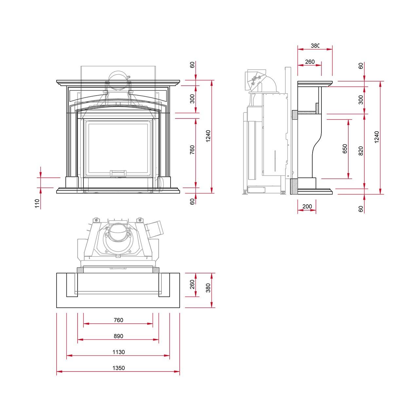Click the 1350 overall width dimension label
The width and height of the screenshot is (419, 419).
118,368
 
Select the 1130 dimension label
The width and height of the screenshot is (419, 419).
118,352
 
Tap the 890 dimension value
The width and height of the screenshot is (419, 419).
118,336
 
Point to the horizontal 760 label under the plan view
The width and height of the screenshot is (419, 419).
118,320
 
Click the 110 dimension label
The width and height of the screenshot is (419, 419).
37,204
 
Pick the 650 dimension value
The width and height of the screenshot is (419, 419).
345,149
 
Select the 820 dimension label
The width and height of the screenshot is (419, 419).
361,151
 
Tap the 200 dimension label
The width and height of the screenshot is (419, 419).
307,206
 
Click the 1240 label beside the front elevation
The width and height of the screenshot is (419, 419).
208,136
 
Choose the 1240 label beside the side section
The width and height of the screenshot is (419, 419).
376,137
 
